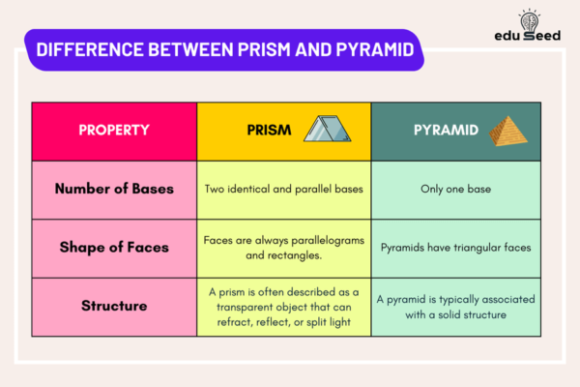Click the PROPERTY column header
pos(113,131)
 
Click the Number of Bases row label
pos(113,189)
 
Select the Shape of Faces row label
pos(113,247)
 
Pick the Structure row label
pos(113,306)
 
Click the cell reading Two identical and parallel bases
pos(283,189)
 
